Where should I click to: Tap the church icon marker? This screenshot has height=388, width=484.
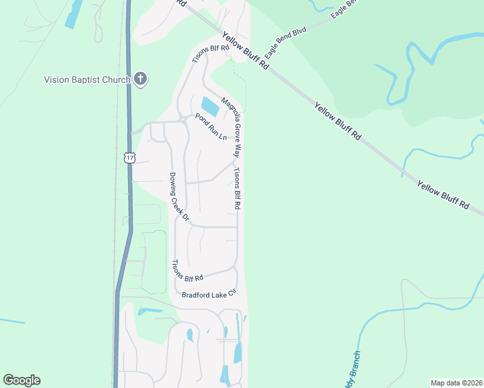pos(140,80)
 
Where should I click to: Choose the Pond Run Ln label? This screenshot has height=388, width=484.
pos(211,127)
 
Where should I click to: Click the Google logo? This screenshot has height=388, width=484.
pos(21,380)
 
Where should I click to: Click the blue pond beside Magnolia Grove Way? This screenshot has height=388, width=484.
pos(210,106)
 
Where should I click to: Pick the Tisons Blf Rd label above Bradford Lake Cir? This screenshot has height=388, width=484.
pos(187,270)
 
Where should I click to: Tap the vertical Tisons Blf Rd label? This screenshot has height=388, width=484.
pos(237,188)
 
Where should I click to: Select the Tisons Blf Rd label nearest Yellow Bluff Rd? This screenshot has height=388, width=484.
pos(211,54)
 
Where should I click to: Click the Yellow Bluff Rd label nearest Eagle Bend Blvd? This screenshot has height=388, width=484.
pos(246,50)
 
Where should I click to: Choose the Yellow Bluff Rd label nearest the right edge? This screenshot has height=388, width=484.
pos(443,194)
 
